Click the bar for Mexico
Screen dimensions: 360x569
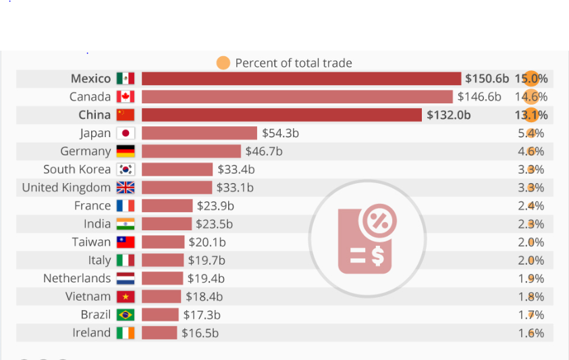(301, 78)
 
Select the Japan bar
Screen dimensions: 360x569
(199, 133)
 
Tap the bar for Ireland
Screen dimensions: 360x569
(159, 333)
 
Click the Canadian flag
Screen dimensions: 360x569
(126, 97)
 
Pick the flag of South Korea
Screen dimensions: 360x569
(126, 170)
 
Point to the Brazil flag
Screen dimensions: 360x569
(126, 315)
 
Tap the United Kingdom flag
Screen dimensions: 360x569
(126, 188)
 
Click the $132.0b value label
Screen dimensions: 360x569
(449, 115)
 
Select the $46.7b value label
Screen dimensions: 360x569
(264, 151)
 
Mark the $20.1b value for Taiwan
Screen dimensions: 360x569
(207, 242)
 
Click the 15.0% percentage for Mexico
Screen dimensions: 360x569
(531, 78)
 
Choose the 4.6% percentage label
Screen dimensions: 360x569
(531, 151)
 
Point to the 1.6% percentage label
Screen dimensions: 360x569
(531, 333)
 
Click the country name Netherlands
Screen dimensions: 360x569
(77, 278)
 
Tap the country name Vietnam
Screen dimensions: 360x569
(88, 297)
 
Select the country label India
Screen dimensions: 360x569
(97, 224)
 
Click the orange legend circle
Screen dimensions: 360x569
(223, 63)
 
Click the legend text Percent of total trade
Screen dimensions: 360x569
(294, 63)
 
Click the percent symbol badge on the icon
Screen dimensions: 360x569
(379, 222)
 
